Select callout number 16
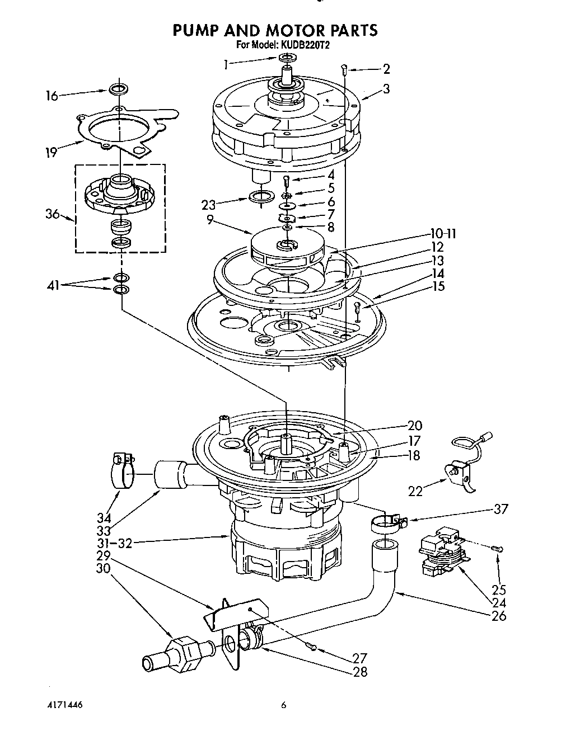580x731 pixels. (52, 96)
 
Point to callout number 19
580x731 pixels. (52, 152)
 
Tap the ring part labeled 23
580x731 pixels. (260, 196)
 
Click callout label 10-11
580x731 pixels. (443, 234)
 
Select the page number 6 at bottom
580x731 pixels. (284, 705)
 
